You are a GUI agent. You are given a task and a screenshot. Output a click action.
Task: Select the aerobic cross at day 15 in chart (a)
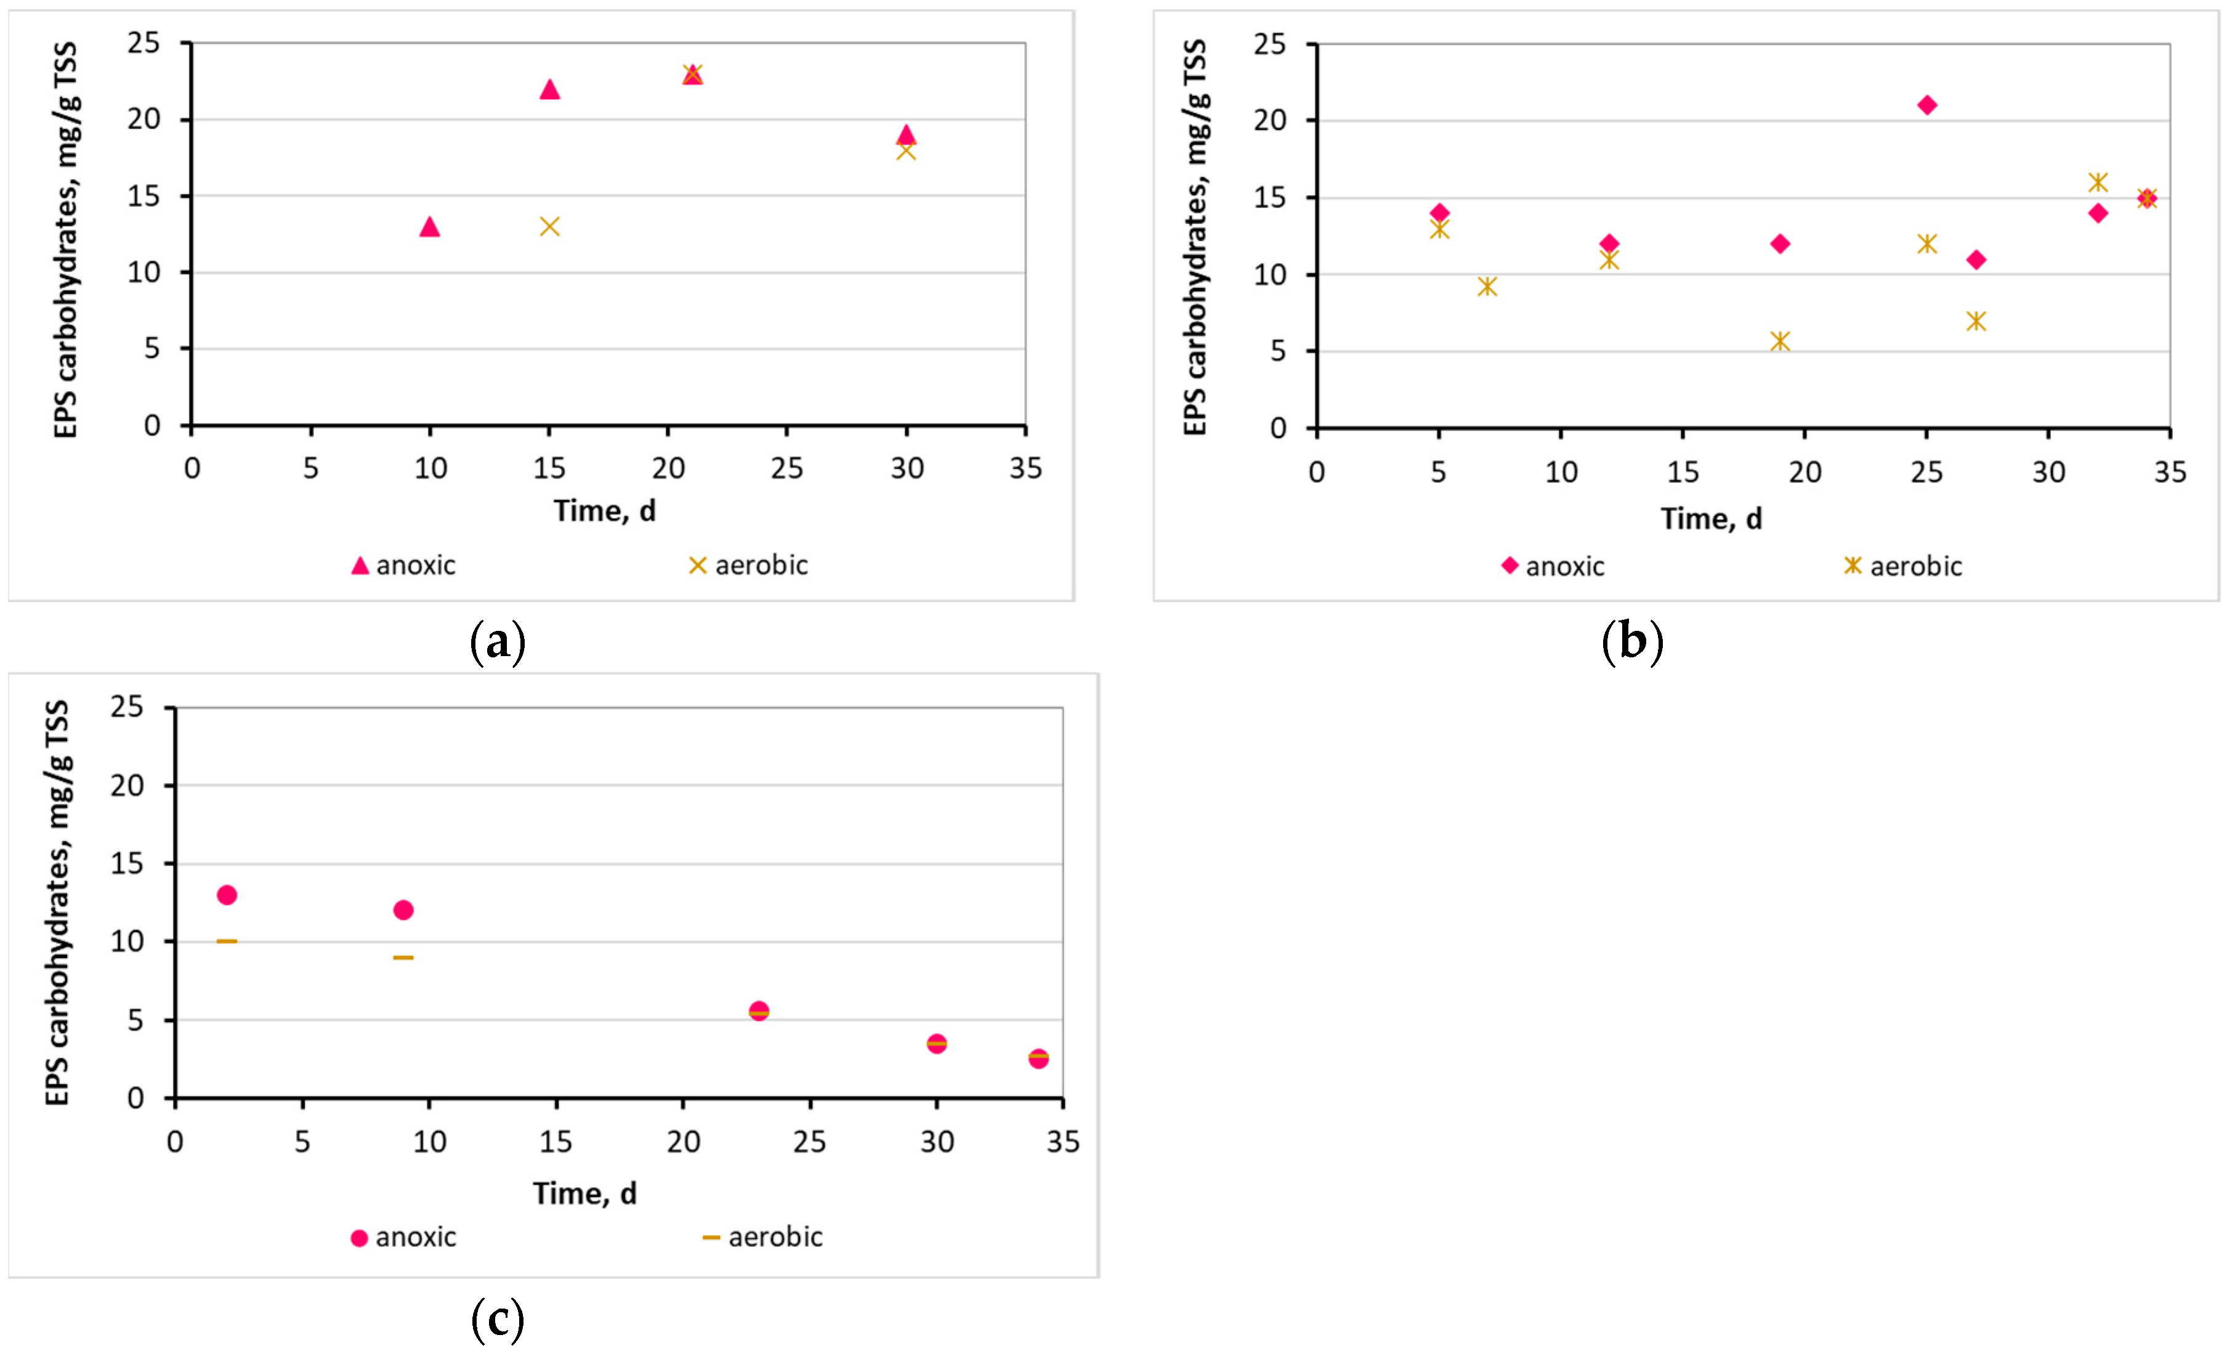[x=549, y=226]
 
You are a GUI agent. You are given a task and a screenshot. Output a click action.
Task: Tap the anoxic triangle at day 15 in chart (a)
[x=549, y=89]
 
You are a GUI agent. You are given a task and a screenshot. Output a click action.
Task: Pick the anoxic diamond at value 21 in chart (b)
[x=1927, y=105]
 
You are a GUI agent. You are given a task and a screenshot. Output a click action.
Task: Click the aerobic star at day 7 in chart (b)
[x=1487, y=286]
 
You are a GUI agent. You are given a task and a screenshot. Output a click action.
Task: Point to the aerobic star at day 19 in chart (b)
[x=1780, y=341]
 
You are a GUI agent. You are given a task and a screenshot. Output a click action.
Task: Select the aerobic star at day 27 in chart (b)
[x=1976, y=321]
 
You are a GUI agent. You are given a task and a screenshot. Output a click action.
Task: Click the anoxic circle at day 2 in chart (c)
[x=227, y=895]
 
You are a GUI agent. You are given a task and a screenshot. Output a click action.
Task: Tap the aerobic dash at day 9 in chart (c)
[x=403, y=957]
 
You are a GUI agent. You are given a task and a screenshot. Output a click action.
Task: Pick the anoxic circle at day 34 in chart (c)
[x=1038, y=1058]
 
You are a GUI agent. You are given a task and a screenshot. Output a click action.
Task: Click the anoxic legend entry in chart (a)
[x=403, y=566]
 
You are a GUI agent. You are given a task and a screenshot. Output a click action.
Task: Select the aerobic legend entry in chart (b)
[x=1904, y=567]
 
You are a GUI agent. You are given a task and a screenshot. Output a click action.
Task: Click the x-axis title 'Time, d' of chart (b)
[x=1711, y=519]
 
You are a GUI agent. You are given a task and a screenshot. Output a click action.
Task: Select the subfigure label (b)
[x=1631, y=642]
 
